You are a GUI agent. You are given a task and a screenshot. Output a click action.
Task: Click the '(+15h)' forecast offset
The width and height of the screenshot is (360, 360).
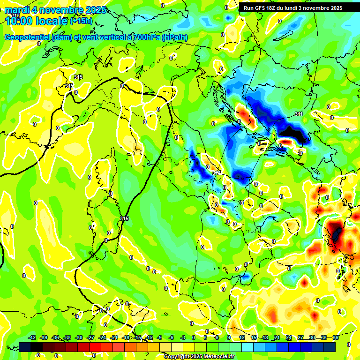tap(81, 21)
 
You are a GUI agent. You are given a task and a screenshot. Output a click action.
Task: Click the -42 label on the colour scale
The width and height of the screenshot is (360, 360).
tap(32, 337)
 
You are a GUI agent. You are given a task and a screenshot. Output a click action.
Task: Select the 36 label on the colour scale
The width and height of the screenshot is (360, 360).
tap(336, 337)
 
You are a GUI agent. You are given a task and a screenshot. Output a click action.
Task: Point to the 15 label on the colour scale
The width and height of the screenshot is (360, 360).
tap(254, 337)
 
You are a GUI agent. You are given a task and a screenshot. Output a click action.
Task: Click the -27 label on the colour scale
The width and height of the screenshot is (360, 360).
tap(91, 337)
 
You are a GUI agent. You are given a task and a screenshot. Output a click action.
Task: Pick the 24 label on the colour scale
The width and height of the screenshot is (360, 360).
tap(289, 337)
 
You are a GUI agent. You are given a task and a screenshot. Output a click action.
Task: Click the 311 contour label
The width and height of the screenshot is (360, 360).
tap(299, 114)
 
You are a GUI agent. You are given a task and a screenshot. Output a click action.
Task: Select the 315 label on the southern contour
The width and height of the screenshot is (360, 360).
tap(124, 218)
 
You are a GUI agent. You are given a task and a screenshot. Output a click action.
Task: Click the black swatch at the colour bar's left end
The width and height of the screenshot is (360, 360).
tap(25, 347)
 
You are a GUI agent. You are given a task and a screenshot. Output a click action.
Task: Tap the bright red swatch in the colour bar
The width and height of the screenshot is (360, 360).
tap(95, 347)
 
